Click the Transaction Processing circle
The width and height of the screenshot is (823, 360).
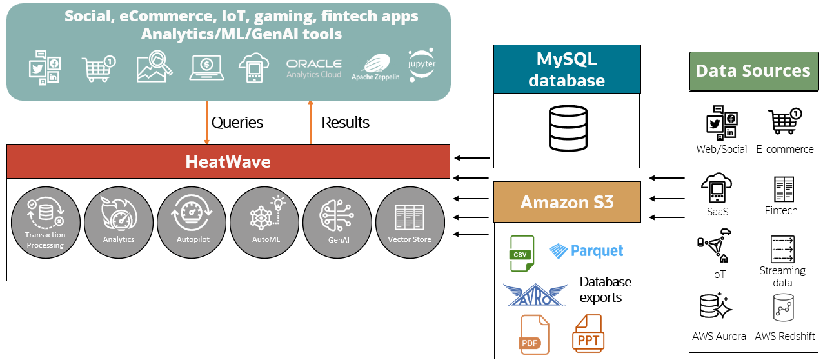tap(45, 221)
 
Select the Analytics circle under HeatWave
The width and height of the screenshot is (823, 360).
tap(119, 221)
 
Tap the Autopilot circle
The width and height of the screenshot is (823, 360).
tap(192, 221)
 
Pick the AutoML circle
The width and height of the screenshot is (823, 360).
tap(264, 221)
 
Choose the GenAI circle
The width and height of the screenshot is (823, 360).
tap(337, 221)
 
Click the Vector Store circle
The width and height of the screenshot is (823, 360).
tap(410, 221)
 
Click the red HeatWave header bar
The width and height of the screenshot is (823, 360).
tap(228, 161)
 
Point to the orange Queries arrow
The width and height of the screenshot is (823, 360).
tap(206, 122)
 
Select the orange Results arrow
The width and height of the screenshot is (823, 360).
tap(310, 122)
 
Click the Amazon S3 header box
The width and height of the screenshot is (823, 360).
tap(567, 202)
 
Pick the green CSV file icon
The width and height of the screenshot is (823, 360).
tap(522, 253)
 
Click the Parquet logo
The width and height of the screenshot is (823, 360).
tap(586, 251)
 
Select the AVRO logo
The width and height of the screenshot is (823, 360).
tap(535, 295)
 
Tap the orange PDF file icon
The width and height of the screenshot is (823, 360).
tap(534, 335)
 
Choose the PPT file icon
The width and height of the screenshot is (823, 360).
tap(587, 334)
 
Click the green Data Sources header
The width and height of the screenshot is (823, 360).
tap(753, 71)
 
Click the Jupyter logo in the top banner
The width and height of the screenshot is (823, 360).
tap(422, 65)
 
